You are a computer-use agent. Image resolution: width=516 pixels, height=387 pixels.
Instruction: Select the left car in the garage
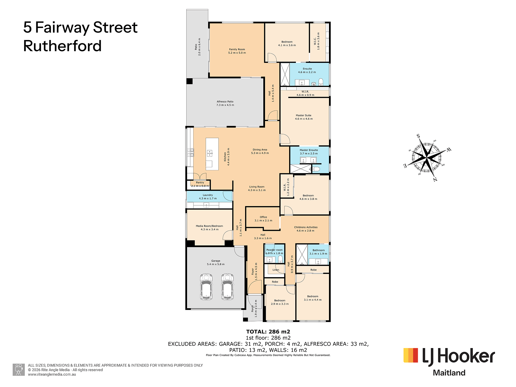tap(206, 287)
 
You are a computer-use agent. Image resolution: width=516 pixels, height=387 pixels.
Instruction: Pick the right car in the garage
tap(227, 287)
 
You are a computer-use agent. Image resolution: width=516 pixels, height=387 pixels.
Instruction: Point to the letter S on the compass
tap(418, 136)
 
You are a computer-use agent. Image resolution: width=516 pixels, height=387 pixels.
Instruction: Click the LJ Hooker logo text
tap(458, 356)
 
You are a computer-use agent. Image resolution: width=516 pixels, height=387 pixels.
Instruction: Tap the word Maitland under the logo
tap(449, 373)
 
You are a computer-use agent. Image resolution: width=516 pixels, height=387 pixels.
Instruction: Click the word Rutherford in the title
tap(62, 46)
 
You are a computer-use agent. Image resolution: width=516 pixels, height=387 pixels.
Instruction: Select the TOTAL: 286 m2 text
tap(268, 332)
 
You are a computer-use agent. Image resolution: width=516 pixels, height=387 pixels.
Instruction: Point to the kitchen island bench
tap(212, 154)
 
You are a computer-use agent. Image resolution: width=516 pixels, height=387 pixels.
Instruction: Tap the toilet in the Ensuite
tap(321, 82)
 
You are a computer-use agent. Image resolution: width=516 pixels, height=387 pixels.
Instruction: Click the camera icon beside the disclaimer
tap(19, 370)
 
